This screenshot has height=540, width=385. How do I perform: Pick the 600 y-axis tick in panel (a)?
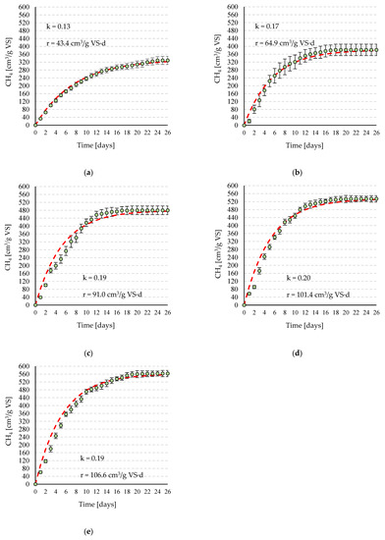(x=27, y=8)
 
